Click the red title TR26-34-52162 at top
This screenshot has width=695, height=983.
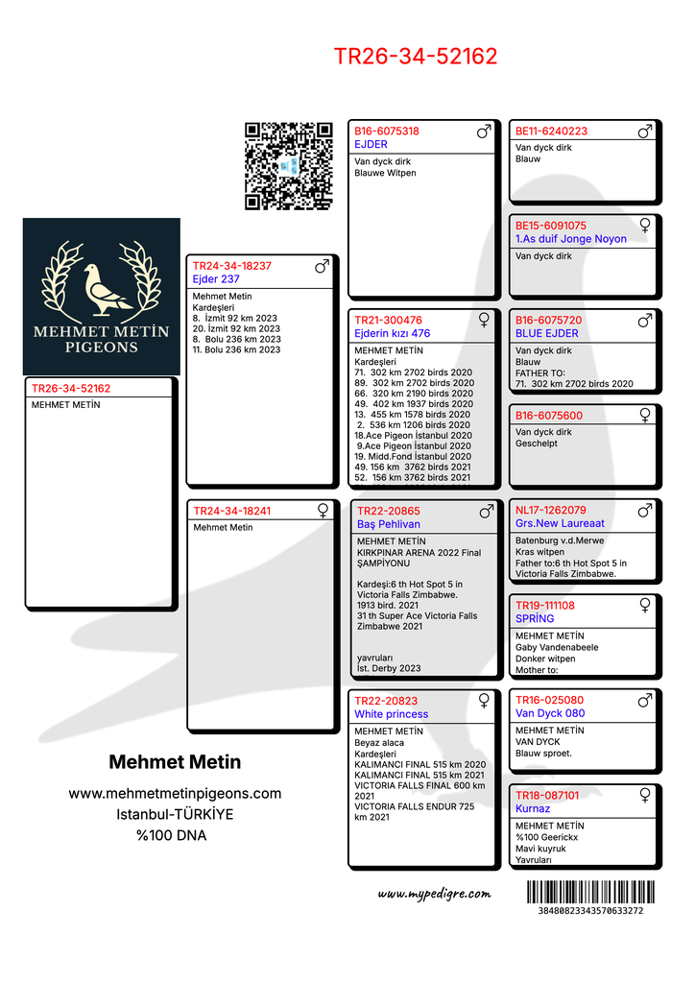pyautogui.click(x=416, y=57)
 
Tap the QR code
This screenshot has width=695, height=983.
pyautogui.click(x=289, y=165)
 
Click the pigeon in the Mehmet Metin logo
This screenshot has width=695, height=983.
pyautogui.click(x=103, y=288)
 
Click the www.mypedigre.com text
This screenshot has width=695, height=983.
pyautogui.click(x=434, y=894)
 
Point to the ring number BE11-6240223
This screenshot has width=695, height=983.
pyautogui.click(x=551, y=132)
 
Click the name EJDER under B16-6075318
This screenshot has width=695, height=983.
pyautogui.click(x=371, y=145)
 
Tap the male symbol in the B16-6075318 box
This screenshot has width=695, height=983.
pyautogui.click(x=484, y=132)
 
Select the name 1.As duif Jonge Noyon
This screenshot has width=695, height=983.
pyautogui.click(x=570, y=239)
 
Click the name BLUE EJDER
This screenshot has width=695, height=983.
pyautogui.click(x=546, y=334)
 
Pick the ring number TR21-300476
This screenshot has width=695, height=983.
pyautogui.click(x=388, y=321)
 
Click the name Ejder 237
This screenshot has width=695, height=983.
pyautogui.click(x=216, y=279)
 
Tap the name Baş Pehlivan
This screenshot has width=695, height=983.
pyautogui.click(x=388, y=524)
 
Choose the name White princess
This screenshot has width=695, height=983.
pyautogui.click(x=391, y=714)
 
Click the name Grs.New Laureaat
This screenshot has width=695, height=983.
pyautogui.click(x=560, y=524)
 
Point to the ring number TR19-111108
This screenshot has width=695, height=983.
pyautogui.click(x=544, y=606)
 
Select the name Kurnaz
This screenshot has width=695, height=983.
pyautogui.click(x=533, y=809)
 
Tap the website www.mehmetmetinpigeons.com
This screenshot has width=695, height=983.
pyautogui.click(x=175, y=794)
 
